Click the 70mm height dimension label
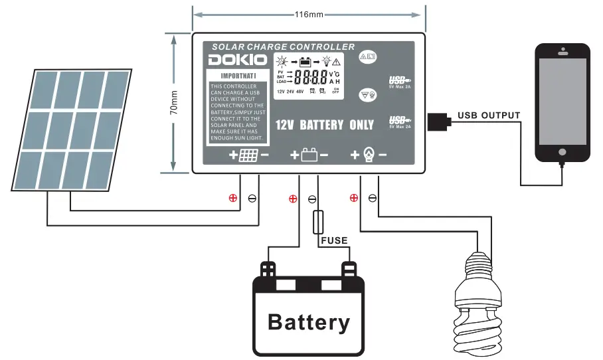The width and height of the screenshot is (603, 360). (174, 102)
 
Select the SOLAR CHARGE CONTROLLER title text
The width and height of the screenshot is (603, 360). (283, 46)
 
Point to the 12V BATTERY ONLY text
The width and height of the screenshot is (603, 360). (325, 125)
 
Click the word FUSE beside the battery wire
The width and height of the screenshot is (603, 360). (334, 240)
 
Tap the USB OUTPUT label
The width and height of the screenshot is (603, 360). (488, 116)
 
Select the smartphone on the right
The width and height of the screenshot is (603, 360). (562, 103)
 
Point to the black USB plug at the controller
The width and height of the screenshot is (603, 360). (438, 122)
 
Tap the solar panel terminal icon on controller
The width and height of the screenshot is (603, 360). (248, 156)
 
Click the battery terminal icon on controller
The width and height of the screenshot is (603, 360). (309, 155)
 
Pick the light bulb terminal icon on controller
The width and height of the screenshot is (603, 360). (369, 155)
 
